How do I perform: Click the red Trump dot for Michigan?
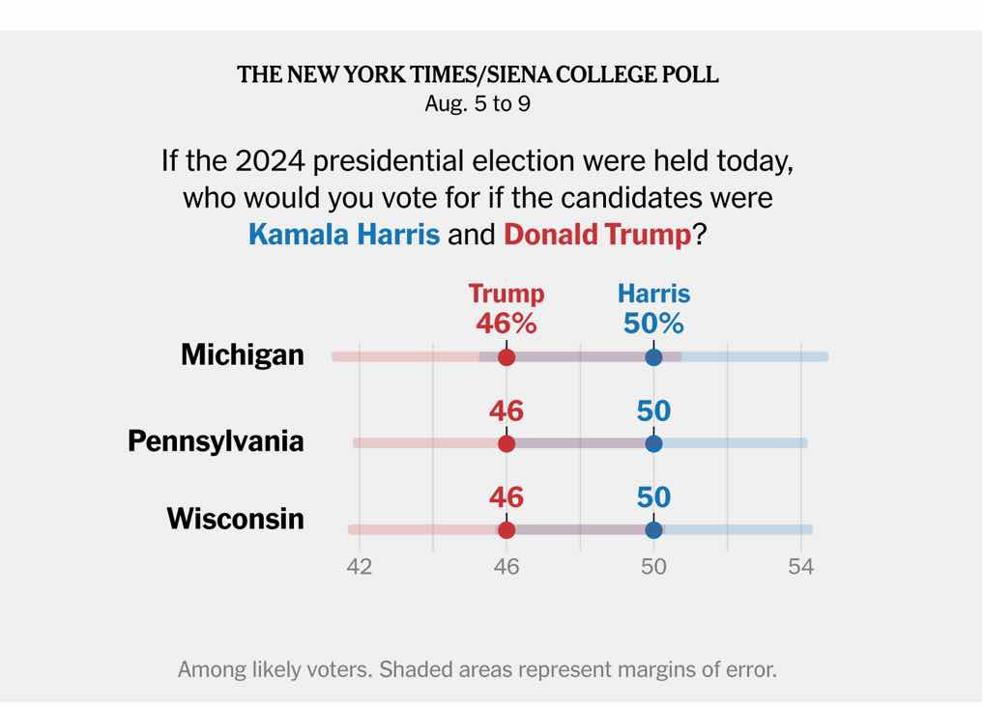click(506, 357)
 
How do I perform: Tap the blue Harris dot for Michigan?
click(653, 357)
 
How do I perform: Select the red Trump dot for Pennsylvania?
click(506, 443)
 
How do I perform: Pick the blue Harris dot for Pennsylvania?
click(653, 443)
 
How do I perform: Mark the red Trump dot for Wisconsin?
click(506, 529)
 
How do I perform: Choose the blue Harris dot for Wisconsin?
click(653, 529)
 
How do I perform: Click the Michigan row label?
click(242, 355)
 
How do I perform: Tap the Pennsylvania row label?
click(216, 441)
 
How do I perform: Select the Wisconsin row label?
click(235, 519)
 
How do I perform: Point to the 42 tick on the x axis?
click(359, 567)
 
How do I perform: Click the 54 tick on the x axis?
click(800, 567)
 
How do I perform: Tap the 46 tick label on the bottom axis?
click(506, 567)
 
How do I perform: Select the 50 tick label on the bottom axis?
click(653, 567)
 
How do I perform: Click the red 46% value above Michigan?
click(506, 324)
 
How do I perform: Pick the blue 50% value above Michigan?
click(653, 324)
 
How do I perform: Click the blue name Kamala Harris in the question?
click(344, 235)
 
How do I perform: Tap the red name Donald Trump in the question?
click(597, 235)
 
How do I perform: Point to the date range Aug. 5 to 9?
click(478, 103)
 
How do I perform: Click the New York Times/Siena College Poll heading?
click(478, 75)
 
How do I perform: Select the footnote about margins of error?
click(477, 669)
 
